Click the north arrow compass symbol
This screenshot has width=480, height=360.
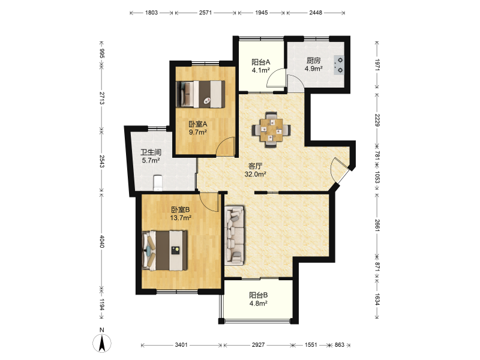(102, 343)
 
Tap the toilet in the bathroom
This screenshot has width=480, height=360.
(157, 183)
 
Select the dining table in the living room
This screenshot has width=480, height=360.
(271, 130)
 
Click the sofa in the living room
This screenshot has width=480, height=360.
(235, 235)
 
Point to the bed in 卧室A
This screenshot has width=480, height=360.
(200, 94)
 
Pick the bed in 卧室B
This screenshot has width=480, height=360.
(164, 250)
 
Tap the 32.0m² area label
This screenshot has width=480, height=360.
(255, 174)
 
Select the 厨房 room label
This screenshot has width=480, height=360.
(313, 61)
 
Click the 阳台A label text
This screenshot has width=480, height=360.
(260, 62)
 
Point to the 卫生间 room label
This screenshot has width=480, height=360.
(151, 152)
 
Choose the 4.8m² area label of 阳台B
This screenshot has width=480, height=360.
(259, 304)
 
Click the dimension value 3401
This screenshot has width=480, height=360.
(181, 345)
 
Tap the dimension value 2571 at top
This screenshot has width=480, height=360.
(205, 13)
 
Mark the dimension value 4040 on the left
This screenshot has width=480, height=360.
(102, 242)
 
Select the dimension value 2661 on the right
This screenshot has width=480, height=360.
(377, 226)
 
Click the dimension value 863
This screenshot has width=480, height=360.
(339, 345)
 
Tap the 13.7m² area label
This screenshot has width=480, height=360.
(181, 218)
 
